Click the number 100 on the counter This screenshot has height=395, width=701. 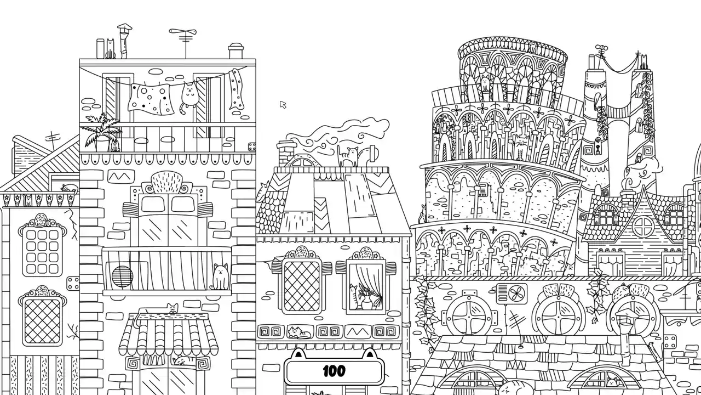334,371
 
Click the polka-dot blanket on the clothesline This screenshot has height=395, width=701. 150,99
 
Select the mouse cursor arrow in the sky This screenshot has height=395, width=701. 283,105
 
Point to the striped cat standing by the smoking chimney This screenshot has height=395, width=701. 348,156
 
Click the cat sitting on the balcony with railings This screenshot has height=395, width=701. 220,276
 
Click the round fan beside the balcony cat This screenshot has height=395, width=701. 122,276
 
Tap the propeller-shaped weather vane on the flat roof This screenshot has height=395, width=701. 183,32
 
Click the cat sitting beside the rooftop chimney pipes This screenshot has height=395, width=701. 110,49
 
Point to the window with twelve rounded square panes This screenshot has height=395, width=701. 42,252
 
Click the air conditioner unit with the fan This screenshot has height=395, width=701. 512,294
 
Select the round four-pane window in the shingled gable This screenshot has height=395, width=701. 643,227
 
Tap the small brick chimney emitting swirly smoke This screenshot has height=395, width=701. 286,154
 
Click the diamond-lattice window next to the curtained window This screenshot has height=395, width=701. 302,286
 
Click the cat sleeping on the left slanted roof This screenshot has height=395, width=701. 70,188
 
